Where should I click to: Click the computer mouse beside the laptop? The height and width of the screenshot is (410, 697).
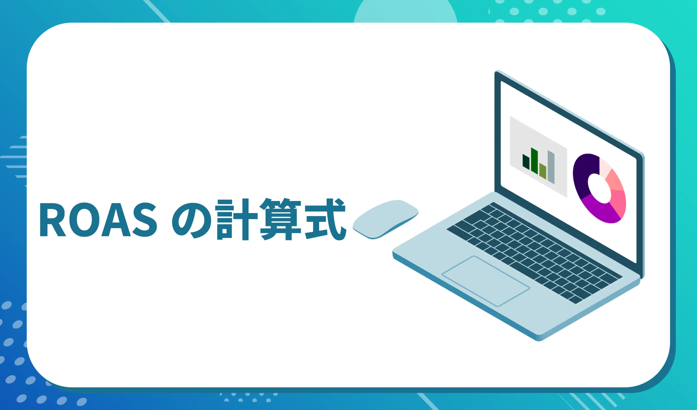coord(385,219)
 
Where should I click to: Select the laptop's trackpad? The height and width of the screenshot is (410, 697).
coord(485,281)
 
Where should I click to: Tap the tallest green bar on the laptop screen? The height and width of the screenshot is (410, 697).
coord(534,161)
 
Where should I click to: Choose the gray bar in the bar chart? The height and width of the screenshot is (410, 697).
coord(551,167)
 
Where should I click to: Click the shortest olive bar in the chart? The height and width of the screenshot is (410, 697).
coord(543,172)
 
